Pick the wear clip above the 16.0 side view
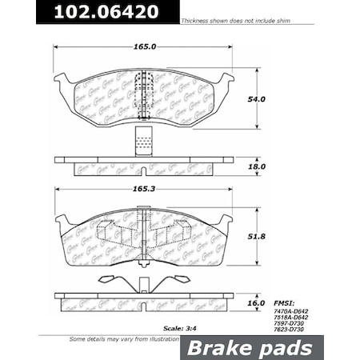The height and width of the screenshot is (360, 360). click(x=144, y=282)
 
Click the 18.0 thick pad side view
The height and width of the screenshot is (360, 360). click(x=144, y=166)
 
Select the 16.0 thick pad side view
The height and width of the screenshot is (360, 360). click(x=144, y=302)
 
